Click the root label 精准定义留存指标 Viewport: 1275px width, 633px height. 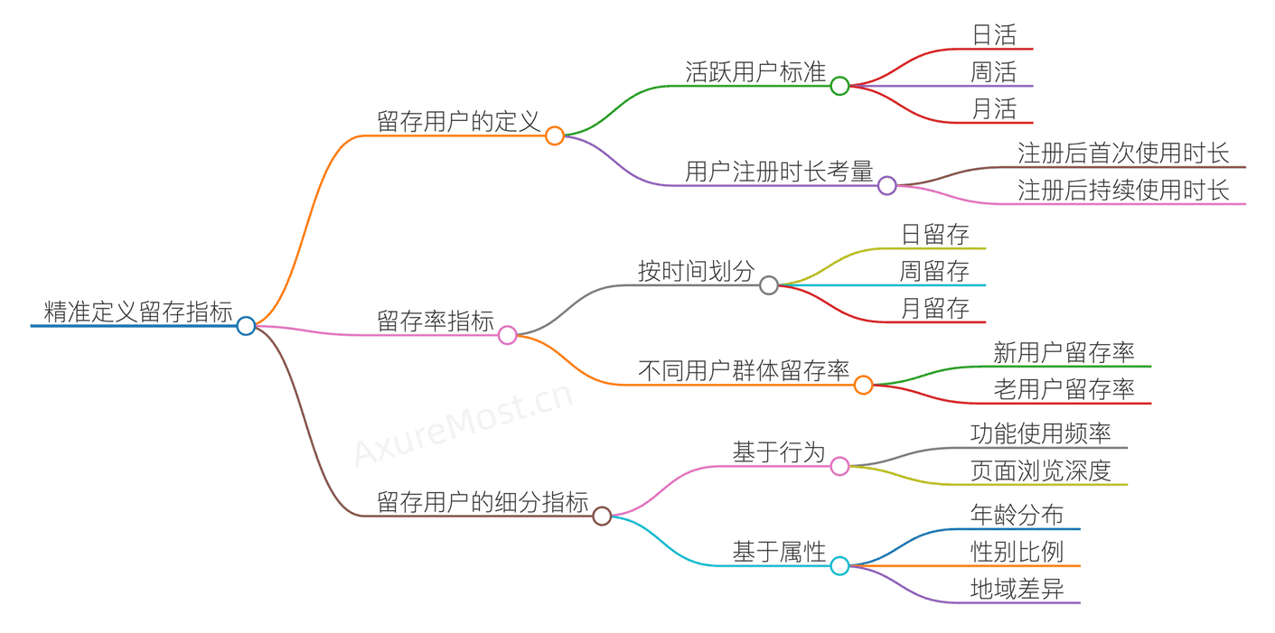pos(138,312)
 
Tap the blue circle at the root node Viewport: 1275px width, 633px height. pos(246,326)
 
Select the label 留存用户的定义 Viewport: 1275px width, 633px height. pos(459,122)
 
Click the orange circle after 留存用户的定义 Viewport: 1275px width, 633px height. pos(555,136)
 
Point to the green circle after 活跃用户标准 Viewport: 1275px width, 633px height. pos(839,86)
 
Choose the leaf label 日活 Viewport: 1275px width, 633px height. pos(994,35)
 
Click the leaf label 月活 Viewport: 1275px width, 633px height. pos(994,109)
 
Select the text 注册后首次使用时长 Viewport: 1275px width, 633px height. pos(1123,154)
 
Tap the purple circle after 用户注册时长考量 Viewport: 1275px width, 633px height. pos(887,185)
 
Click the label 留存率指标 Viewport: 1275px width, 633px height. pos(436,321)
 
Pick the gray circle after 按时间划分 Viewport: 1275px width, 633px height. pos(769,285)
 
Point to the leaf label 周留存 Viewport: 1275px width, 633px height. pos(934,271)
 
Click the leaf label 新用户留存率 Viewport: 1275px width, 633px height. pos(1064,352)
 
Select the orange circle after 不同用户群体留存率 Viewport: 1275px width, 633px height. pos(863,386)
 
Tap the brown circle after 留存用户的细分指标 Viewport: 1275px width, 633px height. pos(602,517)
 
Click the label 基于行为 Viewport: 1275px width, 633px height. pos(779,452)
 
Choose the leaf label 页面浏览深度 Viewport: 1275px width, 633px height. pos(1040,470)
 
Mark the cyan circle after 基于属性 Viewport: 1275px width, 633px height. pos(839,566)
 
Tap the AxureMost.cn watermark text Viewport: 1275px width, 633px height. pos(464,424)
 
